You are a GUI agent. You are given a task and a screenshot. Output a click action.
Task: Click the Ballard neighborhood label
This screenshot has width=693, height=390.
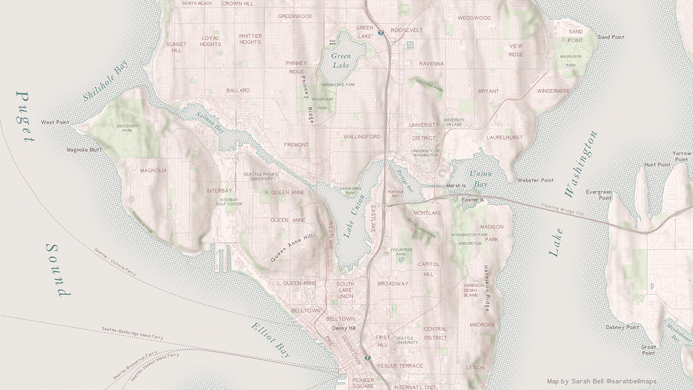point(238,90)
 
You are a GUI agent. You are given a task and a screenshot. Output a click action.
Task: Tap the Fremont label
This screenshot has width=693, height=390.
point(296,145)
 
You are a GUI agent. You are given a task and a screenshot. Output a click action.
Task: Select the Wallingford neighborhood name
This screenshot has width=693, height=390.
point(362,137)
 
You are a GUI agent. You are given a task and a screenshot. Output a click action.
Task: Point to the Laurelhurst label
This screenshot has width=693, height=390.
point(504,138)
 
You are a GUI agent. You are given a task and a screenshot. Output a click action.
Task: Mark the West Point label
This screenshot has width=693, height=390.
point(55,123)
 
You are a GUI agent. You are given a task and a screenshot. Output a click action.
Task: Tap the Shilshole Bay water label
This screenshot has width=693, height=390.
point(106,81)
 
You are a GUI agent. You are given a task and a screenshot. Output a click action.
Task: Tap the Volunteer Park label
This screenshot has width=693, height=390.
point(401,252)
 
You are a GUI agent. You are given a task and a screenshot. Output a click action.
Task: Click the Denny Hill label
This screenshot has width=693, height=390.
point(343,328)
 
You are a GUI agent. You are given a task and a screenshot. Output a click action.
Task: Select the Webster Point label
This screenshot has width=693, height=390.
point(535,180)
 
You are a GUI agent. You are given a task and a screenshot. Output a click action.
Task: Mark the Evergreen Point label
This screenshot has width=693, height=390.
point(598,195)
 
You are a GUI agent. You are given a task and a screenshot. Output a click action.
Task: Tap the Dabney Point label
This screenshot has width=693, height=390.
point(622,327)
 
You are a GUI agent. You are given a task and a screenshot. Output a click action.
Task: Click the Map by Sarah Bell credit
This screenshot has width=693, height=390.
point(602,381)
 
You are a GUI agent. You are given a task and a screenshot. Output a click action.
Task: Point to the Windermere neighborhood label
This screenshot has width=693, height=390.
point(553,91)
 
